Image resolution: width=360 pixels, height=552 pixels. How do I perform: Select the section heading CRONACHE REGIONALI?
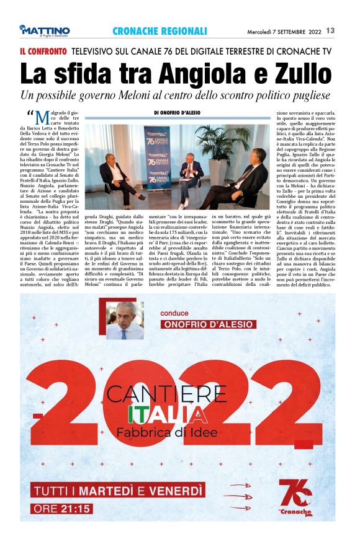click(160, 31)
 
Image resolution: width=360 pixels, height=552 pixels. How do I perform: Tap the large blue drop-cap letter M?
click(42, 118)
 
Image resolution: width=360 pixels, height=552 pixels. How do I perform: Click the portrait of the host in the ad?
click(125, 321)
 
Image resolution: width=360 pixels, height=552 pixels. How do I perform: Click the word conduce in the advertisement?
click(174, 313)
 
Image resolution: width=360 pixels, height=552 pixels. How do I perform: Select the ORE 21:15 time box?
click(64, 509)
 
